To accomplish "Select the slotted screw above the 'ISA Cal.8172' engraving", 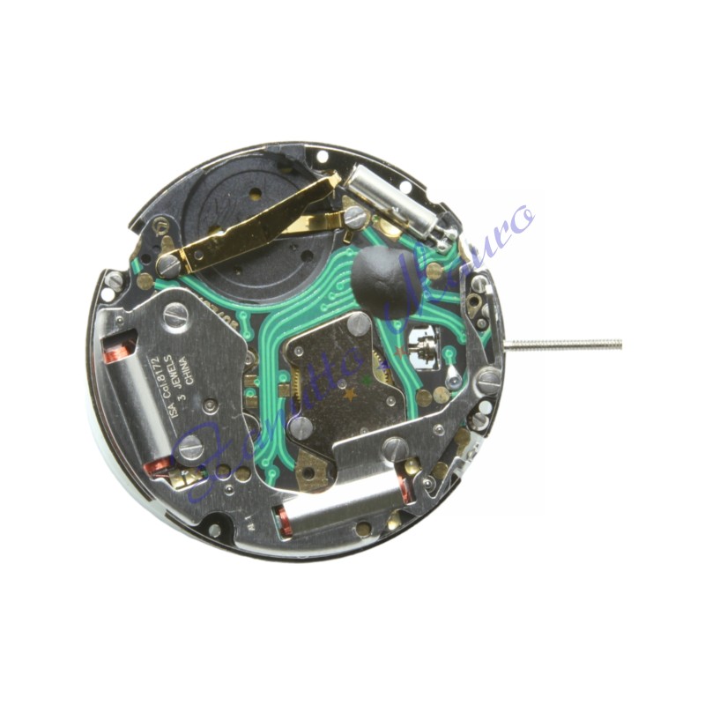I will tap(175, 315).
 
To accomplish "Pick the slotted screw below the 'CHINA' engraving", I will tap(190, 448).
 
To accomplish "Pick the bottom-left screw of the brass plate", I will tap(301, 427).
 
